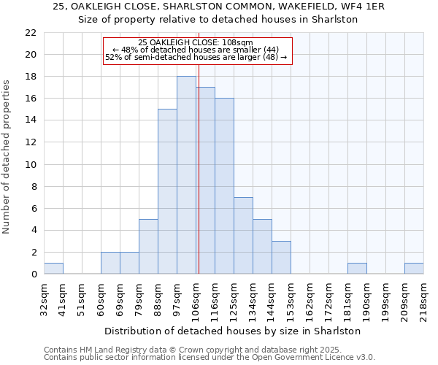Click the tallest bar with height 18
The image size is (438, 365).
click(186, 175)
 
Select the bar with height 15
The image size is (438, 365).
click(167, 191)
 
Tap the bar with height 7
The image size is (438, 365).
click(243, 235)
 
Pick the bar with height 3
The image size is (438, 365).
click(281, 257)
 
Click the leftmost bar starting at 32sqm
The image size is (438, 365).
click(53, 268)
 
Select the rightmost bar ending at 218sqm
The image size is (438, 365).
click(414, 268)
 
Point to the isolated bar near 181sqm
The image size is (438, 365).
click(357, 268)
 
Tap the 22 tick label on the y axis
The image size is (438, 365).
click(30, 33)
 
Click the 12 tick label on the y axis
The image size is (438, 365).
click(30, 142)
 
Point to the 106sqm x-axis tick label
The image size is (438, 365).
click(196, 298)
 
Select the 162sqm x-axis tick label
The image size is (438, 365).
click(310, 298)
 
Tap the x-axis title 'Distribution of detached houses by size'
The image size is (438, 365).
click(233, 331)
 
